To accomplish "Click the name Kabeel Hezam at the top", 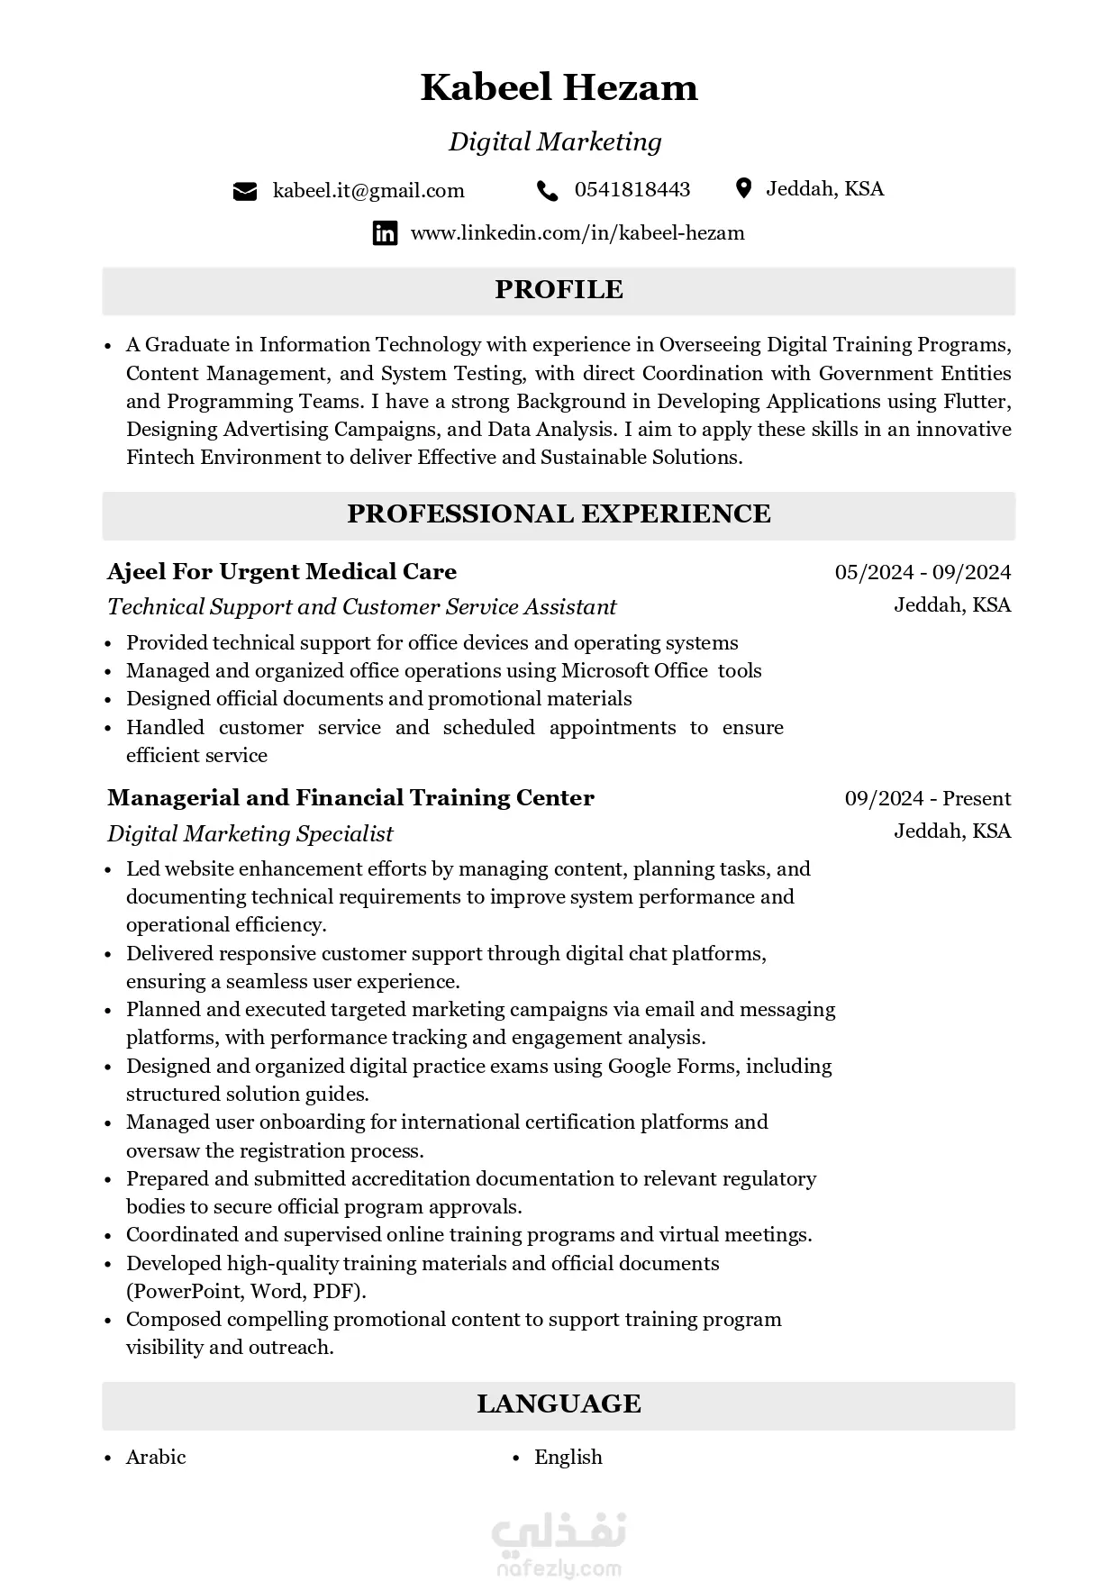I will coord(559,87).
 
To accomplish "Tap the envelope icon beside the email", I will coord(245,191).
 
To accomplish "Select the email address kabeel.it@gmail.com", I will coord(368,191).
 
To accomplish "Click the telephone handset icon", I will coord(547,190).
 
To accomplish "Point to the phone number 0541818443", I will coord(632,189).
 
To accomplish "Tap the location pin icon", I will coord(743,188).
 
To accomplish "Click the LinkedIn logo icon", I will coord(385,233).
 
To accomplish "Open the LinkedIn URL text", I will coord(577,233).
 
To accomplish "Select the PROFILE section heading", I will coord(559,289).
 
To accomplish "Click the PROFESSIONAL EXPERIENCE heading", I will coord(559,513).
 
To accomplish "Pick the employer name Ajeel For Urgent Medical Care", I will coord(282,572).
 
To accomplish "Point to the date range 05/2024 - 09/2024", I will coord(923,572).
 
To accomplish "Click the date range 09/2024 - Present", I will coord(928,798).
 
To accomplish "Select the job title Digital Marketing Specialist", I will coord(250,833).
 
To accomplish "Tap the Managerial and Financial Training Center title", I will coord(350,798).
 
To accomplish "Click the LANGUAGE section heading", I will coord(559,1404).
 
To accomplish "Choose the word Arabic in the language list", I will coord(156,1458).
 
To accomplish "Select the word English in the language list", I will coord(568,1458).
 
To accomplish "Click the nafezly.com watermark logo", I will coord(559,1545).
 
